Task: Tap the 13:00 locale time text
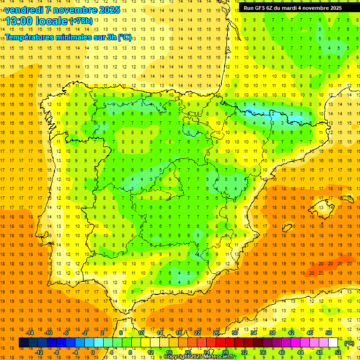37,21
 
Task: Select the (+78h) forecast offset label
81,21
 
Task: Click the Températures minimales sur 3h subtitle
68,37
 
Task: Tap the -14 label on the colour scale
30,332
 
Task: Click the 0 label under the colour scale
92,352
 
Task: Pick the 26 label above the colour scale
216,332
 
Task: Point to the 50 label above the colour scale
329,332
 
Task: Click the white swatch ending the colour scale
333,343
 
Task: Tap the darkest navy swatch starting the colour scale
23,343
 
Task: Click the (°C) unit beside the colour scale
349,343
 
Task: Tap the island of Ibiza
287,228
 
